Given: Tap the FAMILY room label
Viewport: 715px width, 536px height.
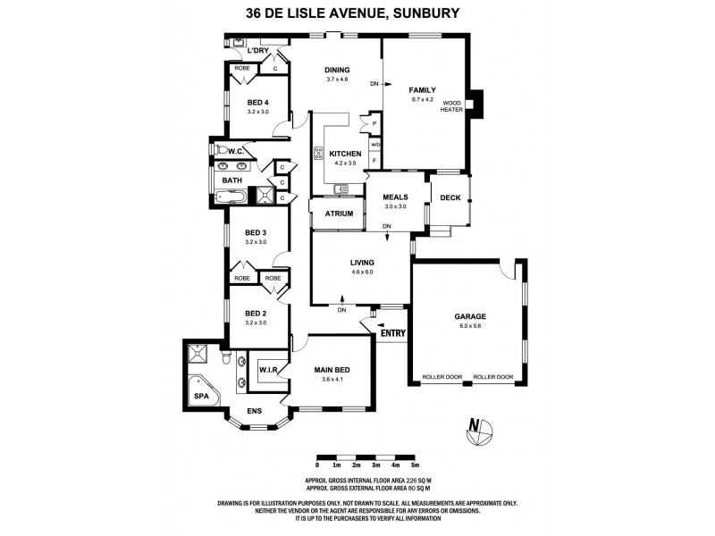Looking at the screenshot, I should tap(422, 90).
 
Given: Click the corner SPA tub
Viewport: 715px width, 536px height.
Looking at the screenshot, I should tap(199, 392).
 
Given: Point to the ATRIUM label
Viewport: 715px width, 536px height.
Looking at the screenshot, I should tap(339, 214).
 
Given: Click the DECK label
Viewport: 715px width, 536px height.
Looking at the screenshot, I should tap(450, 197).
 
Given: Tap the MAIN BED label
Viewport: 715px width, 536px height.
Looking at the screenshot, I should tap(331, 369).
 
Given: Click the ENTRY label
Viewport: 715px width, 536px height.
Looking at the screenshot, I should tap(392, 334).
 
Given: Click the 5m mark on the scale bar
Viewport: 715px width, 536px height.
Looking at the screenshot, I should tap(415, 465).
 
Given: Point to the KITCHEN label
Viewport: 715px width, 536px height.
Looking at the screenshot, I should tap(345, 154).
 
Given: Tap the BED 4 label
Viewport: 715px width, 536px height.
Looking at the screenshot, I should tap(257, 102).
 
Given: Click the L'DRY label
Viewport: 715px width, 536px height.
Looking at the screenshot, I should tap(258, 51).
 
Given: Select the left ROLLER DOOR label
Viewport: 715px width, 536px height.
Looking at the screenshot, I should tap(442, 378).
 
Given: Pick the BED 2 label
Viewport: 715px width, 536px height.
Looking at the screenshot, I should tap(257, 314).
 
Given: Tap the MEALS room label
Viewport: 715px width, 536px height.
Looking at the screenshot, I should tap(395, 197).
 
